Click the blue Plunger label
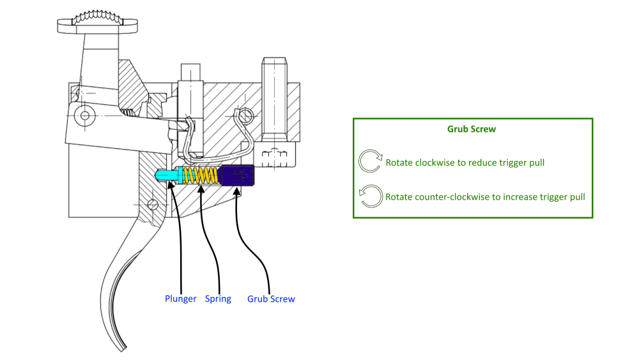click(x=180, y=299)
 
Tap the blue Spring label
click(x=218, y=299)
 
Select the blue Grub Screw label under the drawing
click(x=271, y=299)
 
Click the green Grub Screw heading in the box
click(x=472, y=129)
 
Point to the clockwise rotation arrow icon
click(x=370, y=162)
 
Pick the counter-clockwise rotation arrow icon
click(x=370, y=196)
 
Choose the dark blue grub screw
click(x=237, y=175)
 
